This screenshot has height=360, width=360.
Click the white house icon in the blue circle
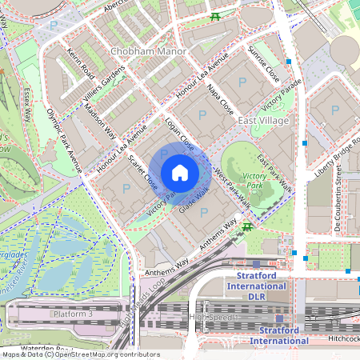pos(180,173)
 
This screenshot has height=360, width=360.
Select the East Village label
pos(264,119)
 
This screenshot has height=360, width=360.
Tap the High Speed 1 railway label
pos(211,318)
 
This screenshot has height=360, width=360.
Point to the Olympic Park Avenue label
pos(64,139)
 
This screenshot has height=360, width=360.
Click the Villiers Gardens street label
pos(105,87)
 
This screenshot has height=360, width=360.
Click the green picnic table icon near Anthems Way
pos(249,227)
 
